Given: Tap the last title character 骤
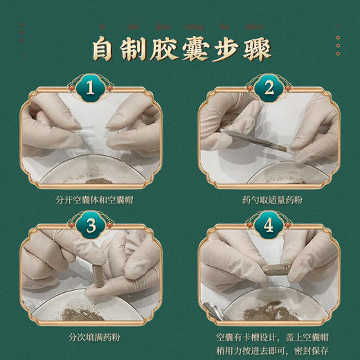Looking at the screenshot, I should [256, 49].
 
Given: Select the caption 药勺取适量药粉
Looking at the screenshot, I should [269, 200].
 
